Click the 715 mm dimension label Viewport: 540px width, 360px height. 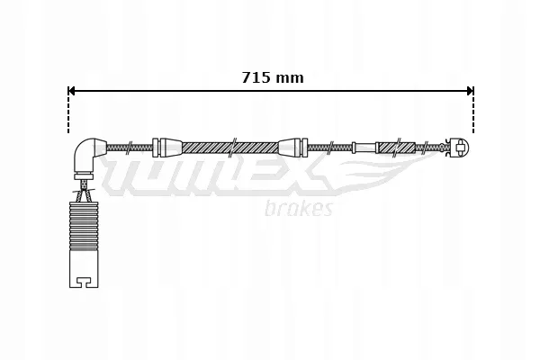(x=273, y=77)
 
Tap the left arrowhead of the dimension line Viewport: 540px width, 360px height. (x=73, y=90)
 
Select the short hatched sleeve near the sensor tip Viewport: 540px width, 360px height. (x=396, y=148)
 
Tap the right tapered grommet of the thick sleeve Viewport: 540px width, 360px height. (x=292, y=147)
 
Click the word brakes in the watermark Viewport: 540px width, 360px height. (x=300, y=209)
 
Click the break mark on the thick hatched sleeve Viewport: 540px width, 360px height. (x=233, y=147)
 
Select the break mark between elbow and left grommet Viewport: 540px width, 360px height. (x=132, y=147)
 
